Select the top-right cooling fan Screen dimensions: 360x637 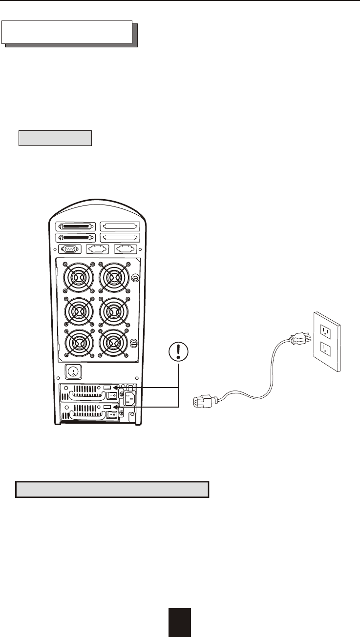click(114, 278)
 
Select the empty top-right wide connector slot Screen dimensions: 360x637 click(120, 226)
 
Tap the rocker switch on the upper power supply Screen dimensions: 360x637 click(111, 396)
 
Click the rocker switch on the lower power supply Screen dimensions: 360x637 click(111, 415)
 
